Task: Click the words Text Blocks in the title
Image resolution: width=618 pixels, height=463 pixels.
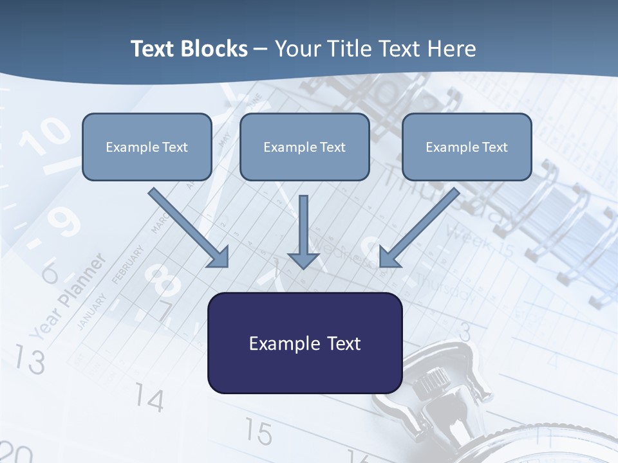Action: click(189, 49)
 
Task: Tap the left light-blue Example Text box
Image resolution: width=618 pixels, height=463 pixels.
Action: click(147, 147)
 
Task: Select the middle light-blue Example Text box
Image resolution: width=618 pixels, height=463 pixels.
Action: click(304, 147)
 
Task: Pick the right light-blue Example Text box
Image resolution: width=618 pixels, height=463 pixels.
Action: click(467, 147)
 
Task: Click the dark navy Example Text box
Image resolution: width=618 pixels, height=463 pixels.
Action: click(304, 343)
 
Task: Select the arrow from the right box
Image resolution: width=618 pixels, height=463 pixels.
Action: click(419, 228)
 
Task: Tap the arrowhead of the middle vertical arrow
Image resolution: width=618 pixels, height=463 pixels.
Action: click(303, 260)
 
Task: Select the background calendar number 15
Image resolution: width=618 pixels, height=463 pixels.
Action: click(258, 432)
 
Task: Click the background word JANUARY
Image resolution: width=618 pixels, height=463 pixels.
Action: click(91, 311)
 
